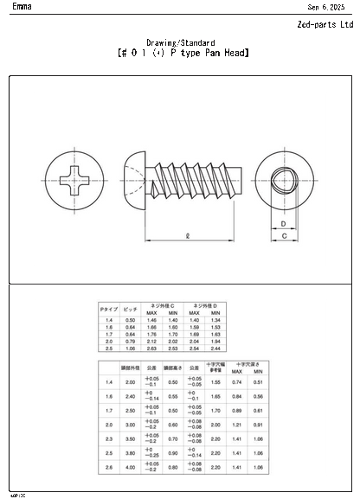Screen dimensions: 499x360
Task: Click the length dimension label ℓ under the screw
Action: [x=188, y=234]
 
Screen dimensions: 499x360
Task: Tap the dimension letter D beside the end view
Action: [x=284, y=223]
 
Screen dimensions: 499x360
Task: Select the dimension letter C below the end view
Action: [x=284, y=259]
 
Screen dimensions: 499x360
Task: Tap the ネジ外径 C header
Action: [x=162, y=305]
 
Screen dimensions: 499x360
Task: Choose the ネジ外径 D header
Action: [x=206, y=305]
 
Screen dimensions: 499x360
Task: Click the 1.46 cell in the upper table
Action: [x=151, y=320]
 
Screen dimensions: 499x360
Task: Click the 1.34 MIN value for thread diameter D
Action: [x=216, y=320]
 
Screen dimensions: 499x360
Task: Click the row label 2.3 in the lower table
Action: [x=108, y=438]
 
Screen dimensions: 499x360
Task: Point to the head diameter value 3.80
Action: [x=131, y=452]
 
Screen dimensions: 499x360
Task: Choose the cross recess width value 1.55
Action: [x=215, y=382]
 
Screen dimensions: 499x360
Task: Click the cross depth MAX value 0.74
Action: [x=236, y=382]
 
